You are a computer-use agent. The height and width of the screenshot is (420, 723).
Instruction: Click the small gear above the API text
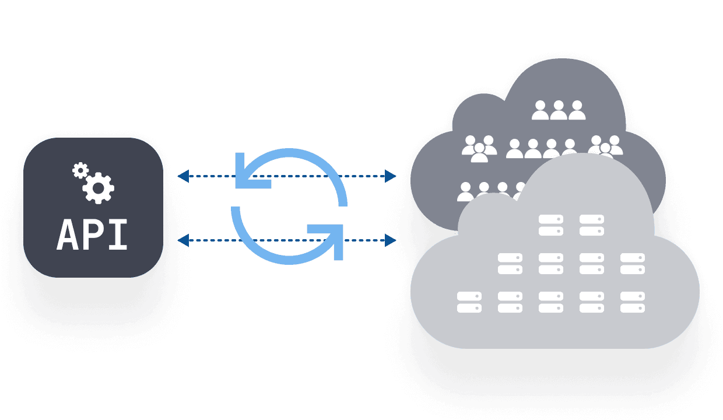pyautogui.click(x=80, y=170)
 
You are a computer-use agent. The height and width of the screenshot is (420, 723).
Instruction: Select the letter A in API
pyautogui.click(x=68, y=235)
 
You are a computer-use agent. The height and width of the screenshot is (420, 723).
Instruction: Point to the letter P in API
pyautogui.click(x=93, y=235)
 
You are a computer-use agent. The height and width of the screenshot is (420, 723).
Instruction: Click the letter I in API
pyautogui.click(x=117, y=235)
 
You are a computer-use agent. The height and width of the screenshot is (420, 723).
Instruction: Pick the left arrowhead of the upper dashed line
pyautogui.click(x=182, y=176)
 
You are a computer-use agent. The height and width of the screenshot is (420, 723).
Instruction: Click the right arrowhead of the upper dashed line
pyautogui.click(x=391, y=176)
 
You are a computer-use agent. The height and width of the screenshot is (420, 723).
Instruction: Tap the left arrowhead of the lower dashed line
pyautogui.click(x=182, y=240)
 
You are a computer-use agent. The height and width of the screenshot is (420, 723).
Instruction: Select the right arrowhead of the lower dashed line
pyautogui.click(x=391, y=240)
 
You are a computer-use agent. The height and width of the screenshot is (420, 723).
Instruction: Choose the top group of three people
pyautogui.click(x=559, y=110)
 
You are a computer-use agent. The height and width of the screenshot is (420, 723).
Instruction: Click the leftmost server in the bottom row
pyautogui.click(x=469, y=302)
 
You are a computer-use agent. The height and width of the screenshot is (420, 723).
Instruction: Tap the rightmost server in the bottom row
pyautogui.click(x=633, y=302)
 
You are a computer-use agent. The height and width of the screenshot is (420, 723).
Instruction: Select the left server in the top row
pyautogui.click(x=551, y=225)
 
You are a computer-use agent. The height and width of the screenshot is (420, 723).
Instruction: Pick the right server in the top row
pyautogui.click(x=592, y=225)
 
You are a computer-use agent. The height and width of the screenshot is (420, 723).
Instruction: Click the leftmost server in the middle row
pyautogui.click(x=510, y=264)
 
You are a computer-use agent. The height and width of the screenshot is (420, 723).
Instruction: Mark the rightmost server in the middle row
pyautogui.click(x=633, y=264)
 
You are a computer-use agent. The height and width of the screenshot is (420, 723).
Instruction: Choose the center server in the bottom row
pyautogui.click(x=551, y=302)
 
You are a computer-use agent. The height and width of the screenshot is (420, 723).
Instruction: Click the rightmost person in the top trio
pyautogui.click(x=577, y=110)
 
